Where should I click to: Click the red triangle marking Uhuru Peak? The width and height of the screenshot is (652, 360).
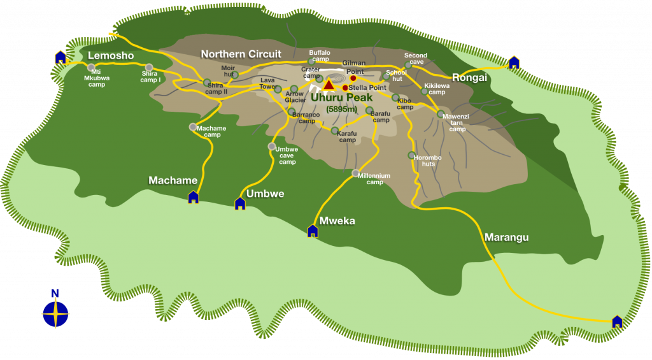click(329, 84)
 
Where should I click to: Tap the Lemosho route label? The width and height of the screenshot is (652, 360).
click(111, 56)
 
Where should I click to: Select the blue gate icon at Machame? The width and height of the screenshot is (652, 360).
click(194, 197)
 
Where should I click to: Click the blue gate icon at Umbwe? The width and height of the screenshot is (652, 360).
click(240, 203)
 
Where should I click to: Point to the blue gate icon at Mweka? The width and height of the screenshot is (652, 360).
click(313, 231)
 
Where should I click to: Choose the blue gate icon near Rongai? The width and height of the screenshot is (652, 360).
click(514, 62)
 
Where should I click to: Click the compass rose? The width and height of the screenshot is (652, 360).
click(55, 313)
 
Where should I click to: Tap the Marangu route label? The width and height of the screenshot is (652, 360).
click(507, 238)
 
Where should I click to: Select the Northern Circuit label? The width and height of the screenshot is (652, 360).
click(241, 54)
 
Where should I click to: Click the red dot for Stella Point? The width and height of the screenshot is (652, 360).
click(345, 88)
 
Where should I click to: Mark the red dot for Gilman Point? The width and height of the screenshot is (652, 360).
click(353, 78)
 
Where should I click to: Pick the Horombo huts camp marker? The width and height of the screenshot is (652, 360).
click(411, 155)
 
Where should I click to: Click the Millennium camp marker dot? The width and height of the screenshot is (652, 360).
click(355, 173)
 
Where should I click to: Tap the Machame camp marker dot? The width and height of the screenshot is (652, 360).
click(193, 127)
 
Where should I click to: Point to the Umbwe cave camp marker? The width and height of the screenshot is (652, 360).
click(272, 147)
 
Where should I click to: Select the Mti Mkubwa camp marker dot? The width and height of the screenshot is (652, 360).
click(92, 67)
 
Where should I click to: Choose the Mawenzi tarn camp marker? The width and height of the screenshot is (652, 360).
click(440, 114)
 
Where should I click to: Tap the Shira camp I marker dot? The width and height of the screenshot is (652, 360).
click(149, 68)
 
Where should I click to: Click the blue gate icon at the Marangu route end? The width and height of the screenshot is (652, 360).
click(616, 322)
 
